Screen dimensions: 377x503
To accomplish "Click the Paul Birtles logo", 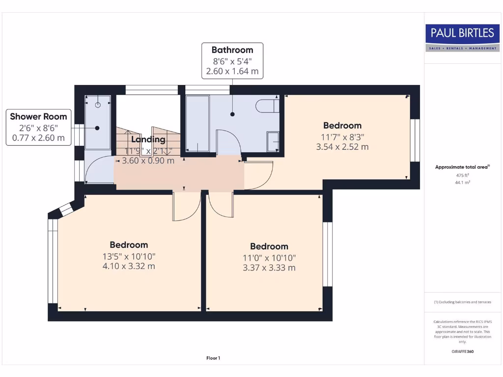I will click(462, 38).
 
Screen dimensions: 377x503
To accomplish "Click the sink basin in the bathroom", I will click(273, 141).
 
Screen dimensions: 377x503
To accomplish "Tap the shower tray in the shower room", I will click(97, 123).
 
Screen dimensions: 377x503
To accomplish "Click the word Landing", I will click(148, 139).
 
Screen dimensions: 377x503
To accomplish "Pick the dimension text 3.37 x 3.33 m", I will click(269, 268).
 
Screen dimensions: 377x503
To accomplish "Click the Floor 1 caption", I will click(213, 358).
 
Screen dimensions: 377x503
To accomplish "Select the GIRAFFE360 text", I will click(462, 351).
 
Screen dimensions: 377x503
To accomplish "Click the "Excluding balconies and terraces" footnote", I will click(462, 302).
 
